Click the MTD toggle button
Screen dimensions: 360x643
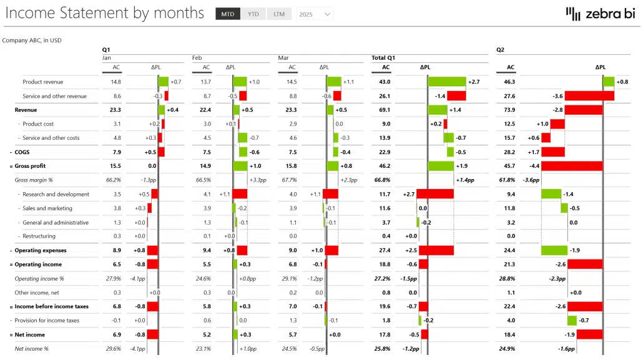(x=228, y=14)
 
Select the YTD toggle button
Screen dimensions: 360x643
(x=253, y=14)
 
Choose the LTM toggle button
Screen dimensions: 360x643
(x=278, y=14)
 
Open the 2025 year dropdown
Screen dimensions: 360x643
(x=315, y=14)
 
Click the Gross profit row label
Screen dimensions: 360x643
(x=30, y=166)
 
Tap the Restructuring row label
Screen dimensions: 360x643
(x=39, y=236)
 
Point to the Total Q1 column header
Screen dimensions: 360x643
(x=383, y=57)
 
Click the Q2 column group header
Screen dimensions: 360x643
(x=500, y=49)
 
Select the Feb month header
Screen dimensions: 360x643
(x=197, y=57)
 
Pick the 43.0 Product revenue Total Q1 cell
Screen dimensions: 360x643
(x=385, y=82)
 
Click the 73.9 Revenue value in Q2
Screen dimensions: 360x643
(x=509, y=110)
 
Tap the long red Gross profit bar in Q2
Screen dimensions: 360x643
(x=571, y=166)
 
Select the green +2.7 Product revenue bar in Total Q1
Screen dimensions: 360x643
(x=447, y=82)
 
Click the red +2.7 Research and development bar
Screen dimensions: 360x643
(x=434, y=194)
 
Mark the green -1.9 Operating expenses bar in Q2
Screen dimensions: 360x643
(x=554, y=250)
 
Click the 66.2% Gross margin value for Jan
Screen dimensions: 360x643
(x=114, y=180)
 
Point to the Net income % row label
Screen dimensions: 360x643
(x=31, y=348)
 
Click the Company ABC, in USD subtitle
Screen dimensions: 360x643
(x=32, y=40)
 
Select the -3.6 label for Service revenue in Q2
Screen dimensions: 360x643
(x=557, y=96)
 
